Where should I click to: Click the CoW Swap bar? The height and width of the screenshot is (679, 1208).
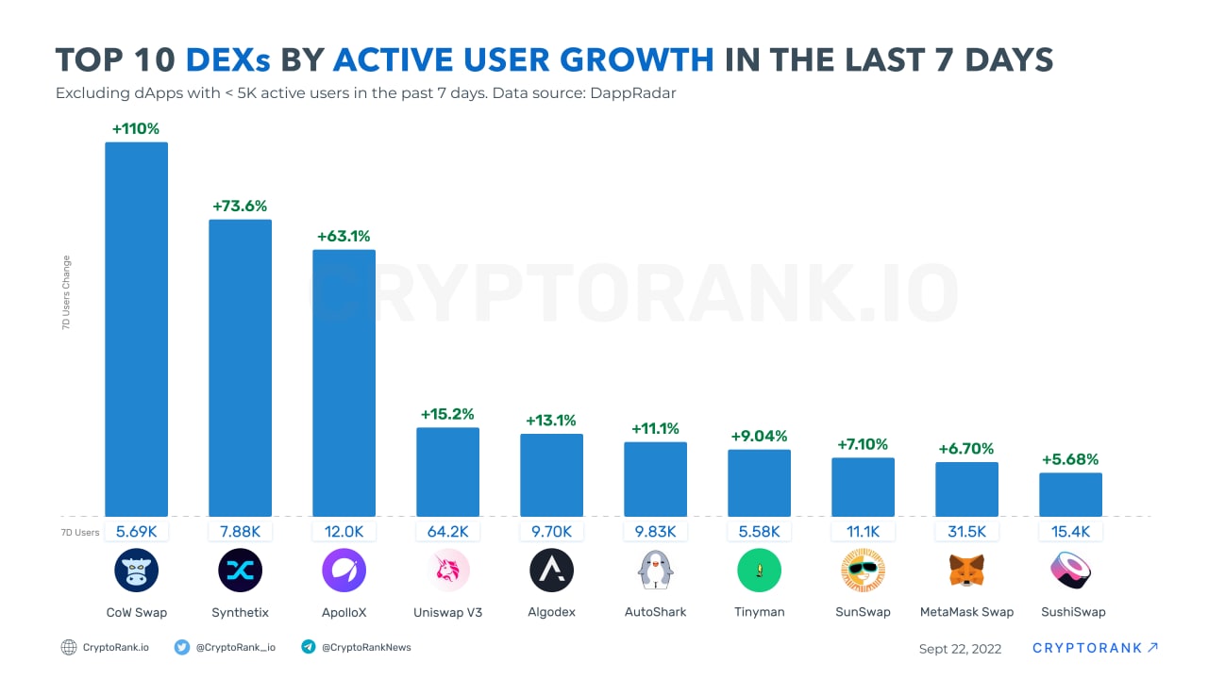click(x=136, y=329)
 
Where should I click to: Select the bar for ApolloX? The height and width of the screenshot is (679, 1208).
click(x=344, y=383)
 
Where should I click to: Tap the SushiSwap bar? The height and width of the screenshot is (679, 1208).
click(x=1070, y=494)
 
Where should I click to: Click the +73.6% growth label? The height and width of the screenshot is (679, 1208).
click(x=240, y=206)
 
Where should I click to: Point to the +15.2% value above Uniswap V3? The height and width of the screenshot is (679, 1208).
click(x=447, y=414)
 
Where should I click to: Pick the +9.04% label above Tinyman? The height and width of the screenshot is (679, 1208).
click(x=759, y=436)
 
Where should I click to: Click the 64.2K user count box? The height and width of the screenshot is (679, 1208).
click(x=448, y=532)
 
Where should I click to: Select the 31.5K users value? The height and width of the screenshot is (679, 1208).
click(x=966, y=532)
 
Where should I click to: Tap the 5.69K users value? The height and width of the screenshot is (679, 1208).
click(x=136, y=532)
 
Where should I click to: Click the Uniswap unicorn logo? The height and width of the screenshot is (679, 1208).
click(x=448, y=571)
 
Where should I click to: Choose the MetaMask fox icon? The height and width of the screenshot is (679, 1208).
click(x=966, y=571)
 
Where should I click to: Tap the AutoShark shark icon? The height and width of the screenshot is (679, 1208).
click(x=655, y=571)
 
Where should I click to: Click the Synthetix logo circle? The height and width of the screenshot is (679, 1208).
click(x=240, y=571)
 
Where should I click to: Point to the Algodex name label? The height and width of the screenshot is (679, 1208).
click(x=551, y=612)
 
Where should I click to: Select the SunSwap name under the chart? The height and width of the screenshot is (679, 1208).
click(x=863, y=612)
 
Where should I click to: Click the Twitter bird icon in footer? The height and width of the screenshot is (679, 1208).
click(x=182, y=647)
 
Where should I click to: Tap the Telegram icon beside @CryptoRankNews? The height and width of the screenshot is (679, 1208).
click(x=308, y=647)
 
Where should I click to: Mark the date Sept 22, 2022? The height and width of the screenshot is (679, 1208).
click(x=960, y=649)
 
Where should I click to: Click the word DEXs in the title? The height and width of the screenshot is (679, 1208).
click(x=227, y=60)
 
